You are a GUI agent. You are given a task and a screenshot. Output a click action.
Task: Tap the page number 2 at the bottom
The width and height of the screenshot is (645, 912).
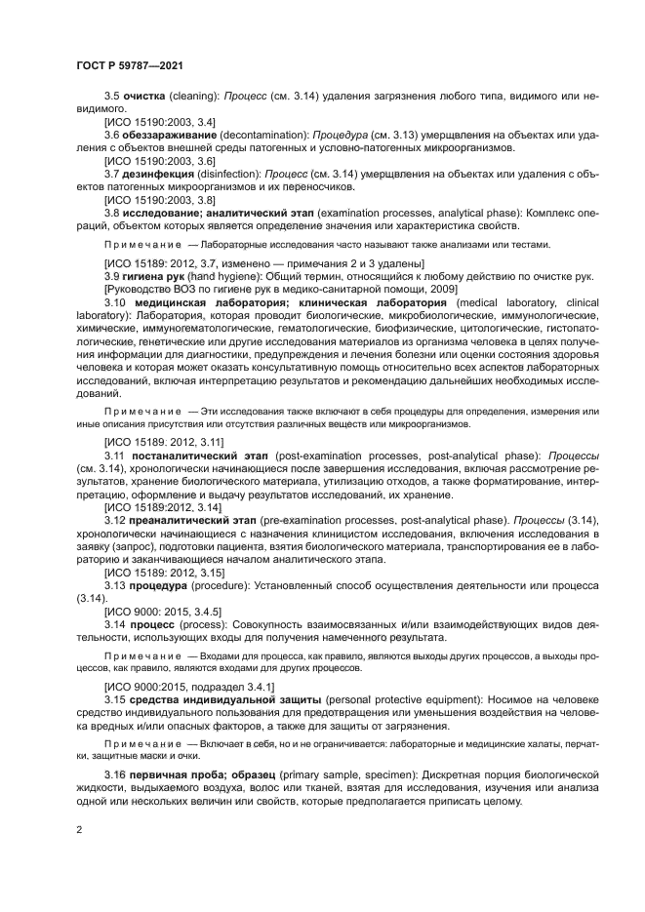pos(77,829)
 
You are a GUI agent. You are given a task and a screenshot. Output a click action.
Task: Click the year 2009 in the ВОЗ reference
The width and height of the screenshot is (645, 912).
pos(441,290)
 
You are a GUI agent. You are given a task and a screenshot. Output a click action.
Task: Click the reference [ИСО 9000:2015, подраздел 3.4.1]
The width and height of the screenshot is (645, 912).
pos(185,687)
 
